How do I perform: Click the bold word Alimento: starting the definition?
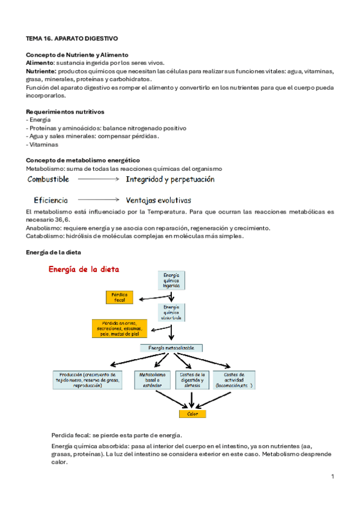[x=40, y=63]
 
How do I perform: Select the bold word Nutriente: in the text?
[x=41, y=70]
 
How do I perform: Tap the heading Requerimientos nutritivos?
[x=66, y=111]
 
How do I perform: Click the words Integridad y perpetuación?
[x=170, y=179]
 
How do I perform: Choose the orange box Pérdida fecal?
[x=119, y=297]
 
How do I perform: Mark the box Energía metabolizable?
[x=171, y=348]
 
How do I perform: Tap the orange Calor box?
[x=192, y=414]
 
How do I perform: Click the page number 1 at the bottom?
[x=332, y=476]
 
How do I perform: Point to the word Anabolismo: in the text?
[x=45, y=229]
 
